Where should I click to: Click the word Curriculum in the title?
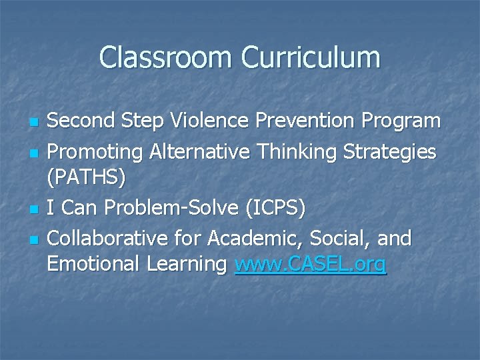click(311, 57)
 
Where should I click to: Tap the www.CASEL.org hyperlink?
click(310, 264)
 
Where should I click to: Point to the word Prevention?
click(311, 121)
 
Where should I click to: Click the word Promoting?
click(95, 152)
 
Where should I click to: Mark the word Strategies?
click(390, 152)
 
